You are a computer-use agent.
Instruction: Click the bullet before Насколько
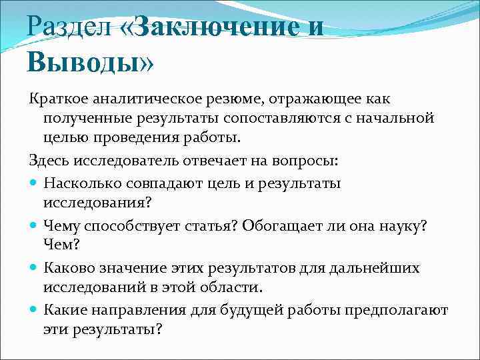click(33, 182)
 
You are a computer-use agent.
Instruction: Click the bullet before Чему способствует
click(33, 225)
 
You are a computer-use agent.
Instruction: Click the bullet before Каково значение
click(33, 269)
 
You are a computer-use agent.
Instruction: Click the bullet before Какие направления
click(33, 310)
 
